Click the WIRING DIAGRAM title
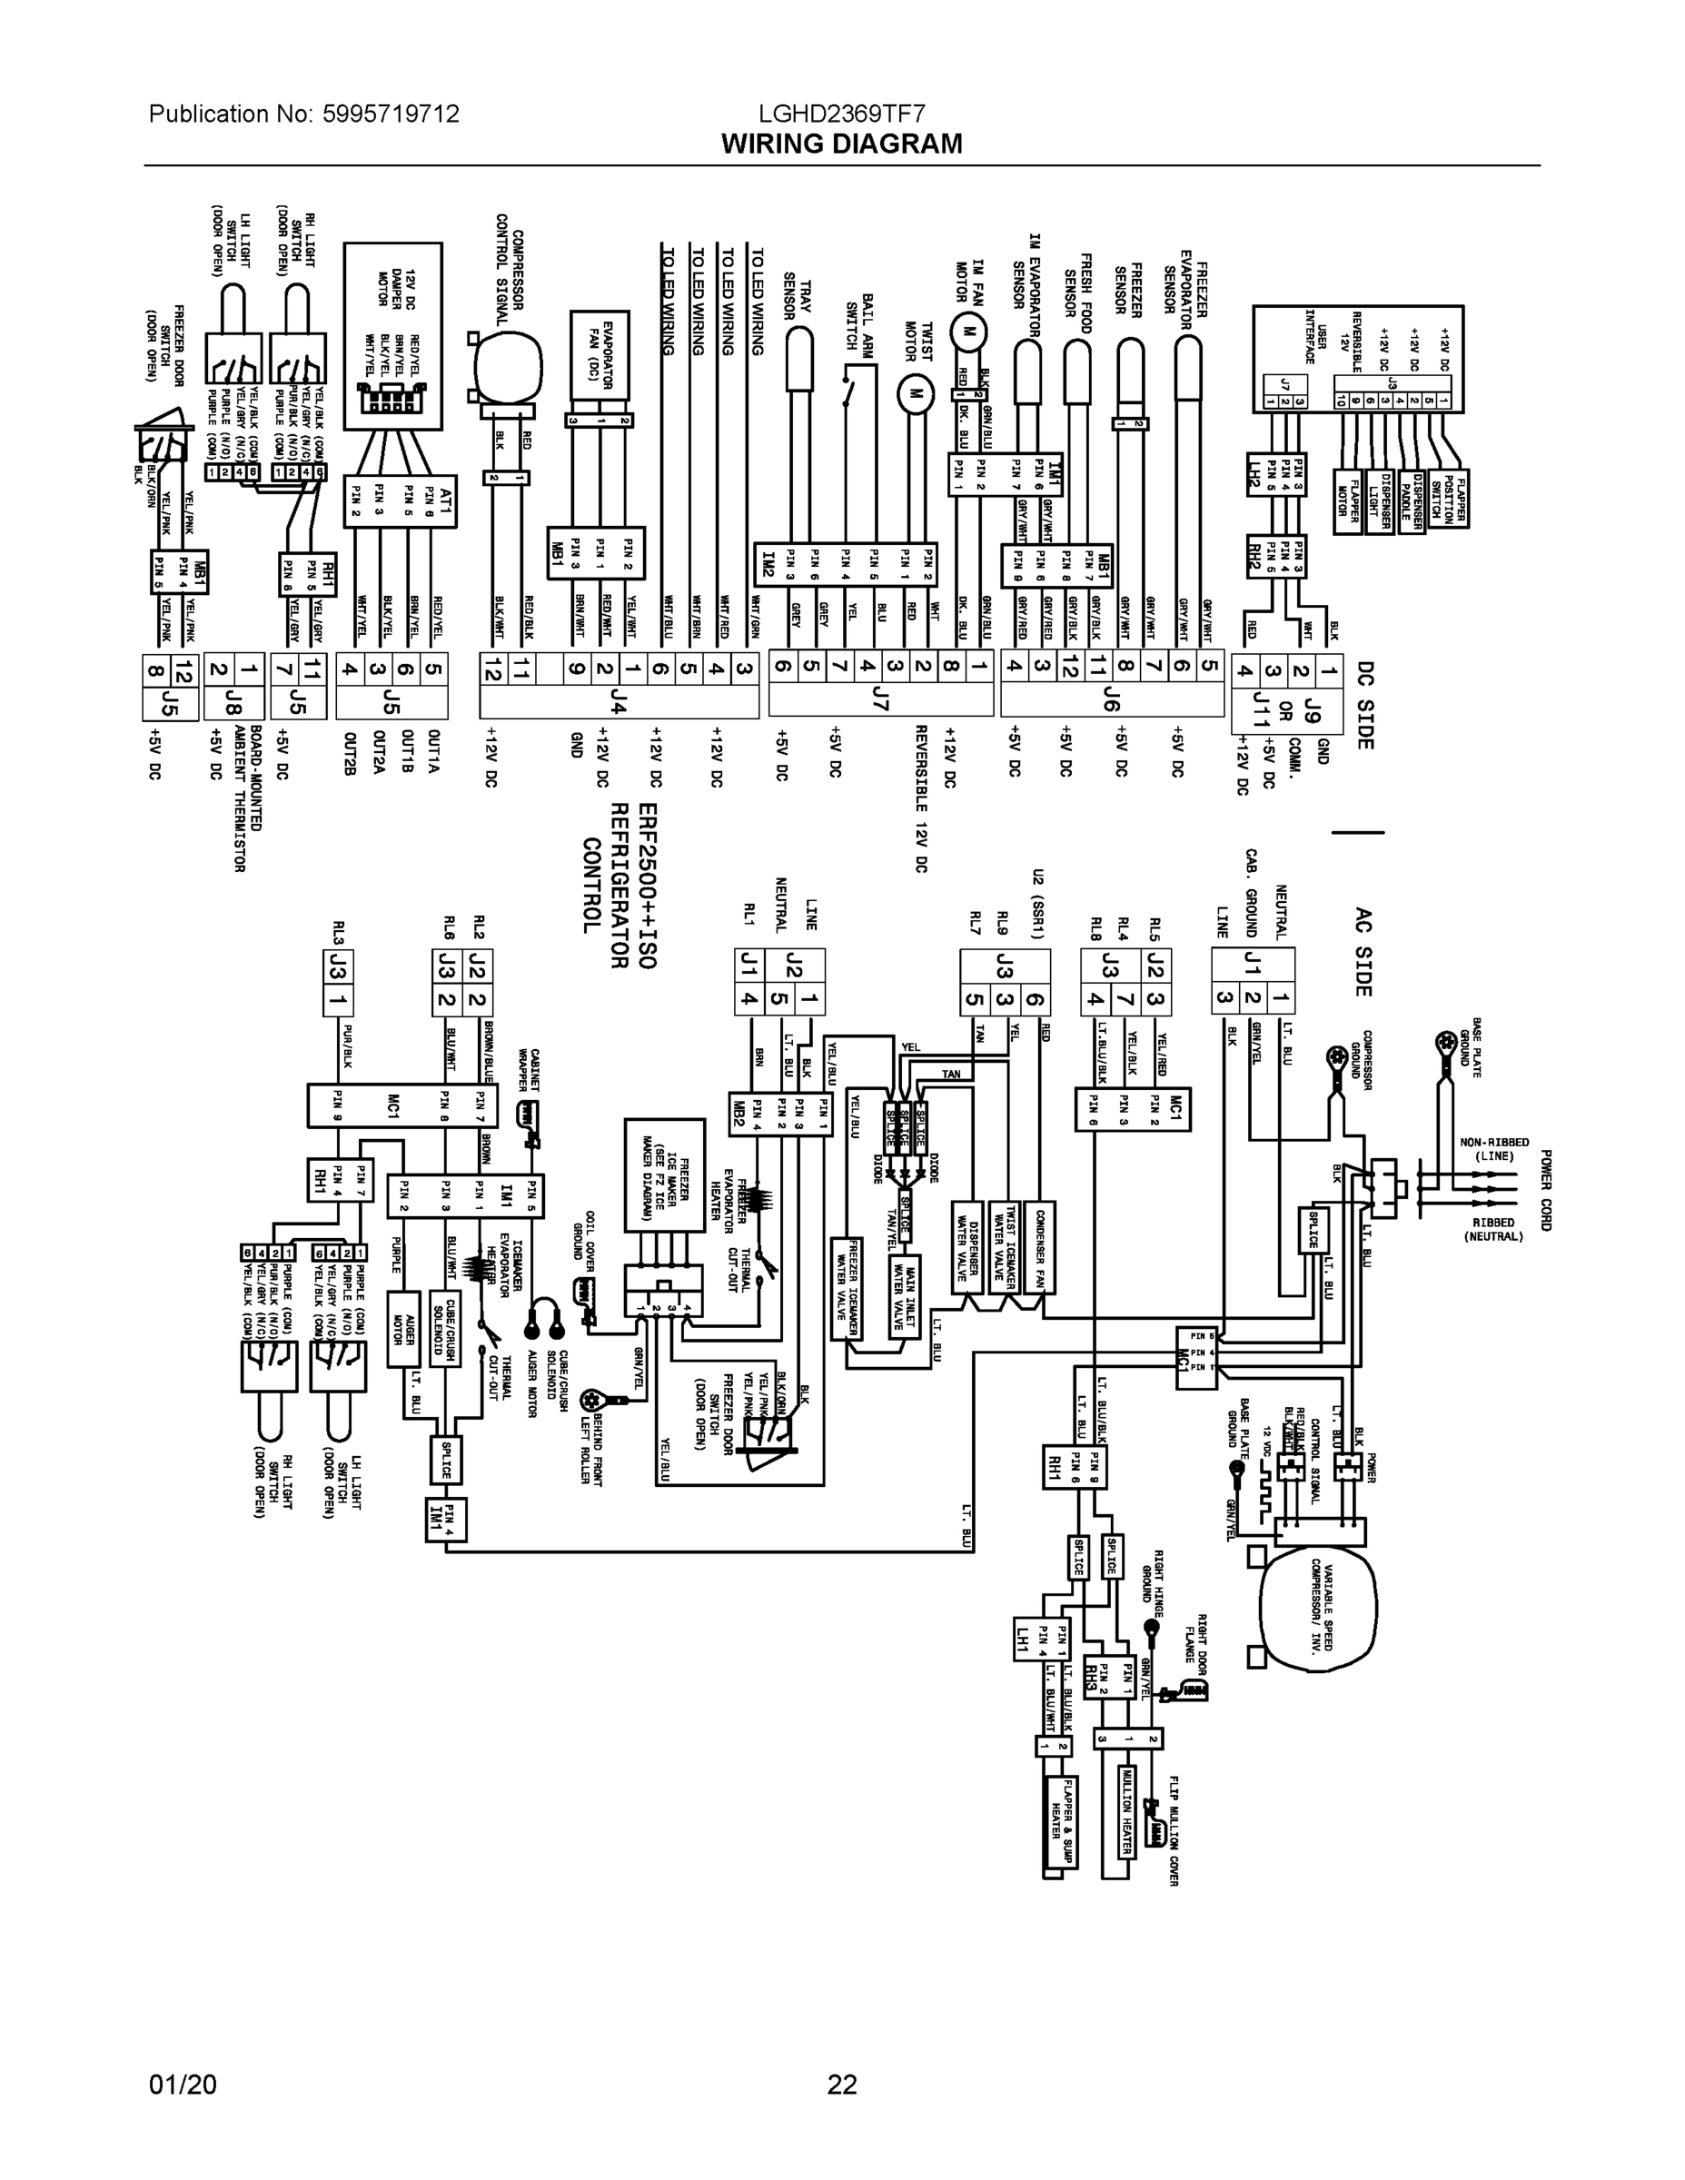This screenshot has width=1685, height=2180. click(x=841, y=144)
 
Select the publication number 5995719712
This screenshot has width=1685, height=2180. click(x=391, y=114)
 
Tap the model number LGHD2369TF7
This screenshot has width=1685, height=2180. click(x=841, y=114)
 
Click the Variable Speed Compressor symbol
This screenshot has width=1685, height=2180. click(x=1318, y=1609)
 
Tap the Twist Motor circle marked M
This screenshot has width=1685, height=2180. click(x=912, y=396)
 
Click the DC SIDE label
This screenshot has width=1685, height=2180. click(x=1363, y=704)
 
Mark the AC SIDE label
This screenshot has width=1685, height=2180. click(x=1363, y=951)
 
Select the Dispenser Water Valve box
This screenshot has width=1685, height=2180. click(x=966, y=1247)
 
